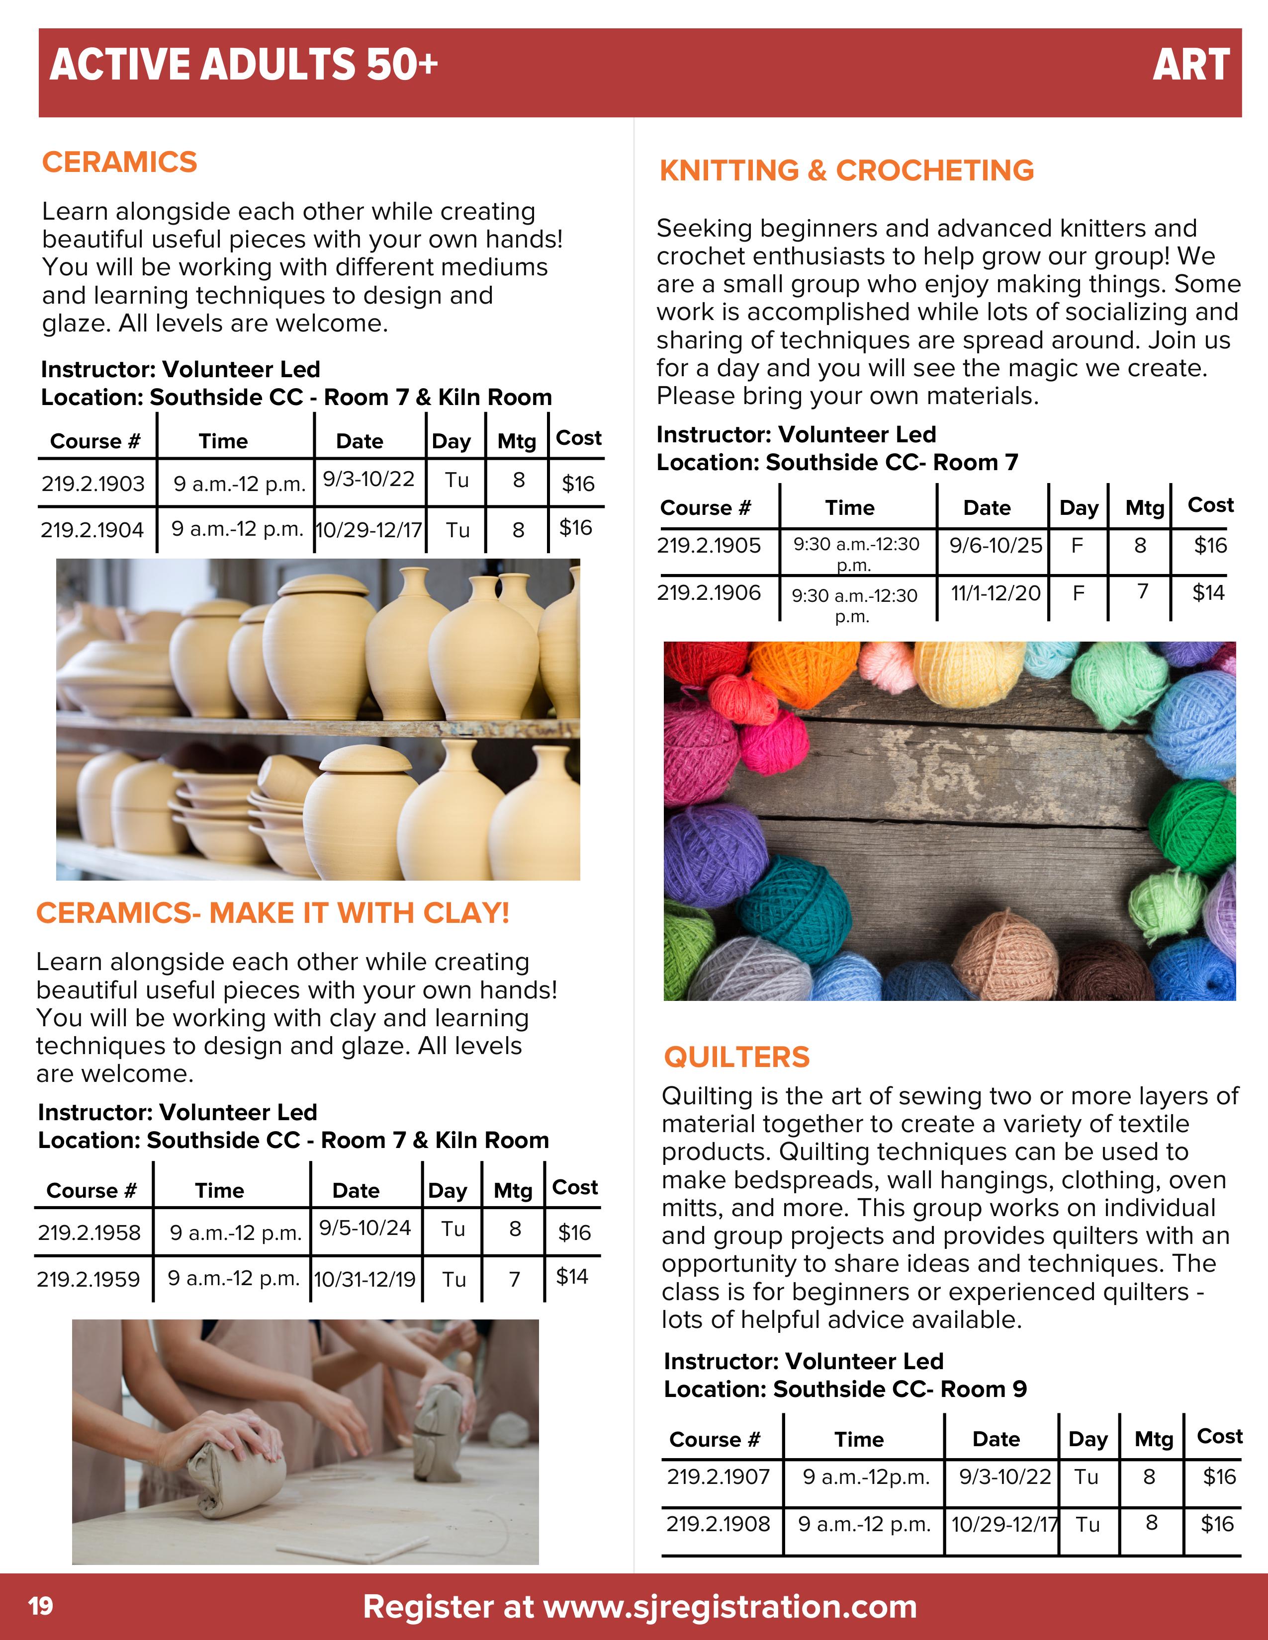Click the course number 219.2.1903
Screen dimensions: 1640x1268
tap(93, 484)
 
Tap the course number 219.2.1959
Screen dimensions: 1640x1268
tap(89, 1279)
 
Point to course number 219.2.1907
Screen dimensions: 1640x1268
tap(718, 1476)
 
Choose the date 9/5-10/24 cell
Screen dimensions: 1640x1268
tap(365, 1228)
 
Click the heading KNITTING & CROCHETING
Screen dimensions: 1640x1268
tap(847, 170)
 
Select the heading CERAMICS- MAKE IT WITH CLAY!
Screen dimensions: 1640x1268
tap(272, 913)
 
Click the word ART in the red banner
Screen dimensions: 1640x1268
tap(1190, 65)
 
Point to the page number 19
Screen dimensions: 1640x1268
tap(41, 1606)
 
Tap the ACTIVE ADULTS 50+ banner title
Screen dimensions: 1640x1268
tap(244, 65)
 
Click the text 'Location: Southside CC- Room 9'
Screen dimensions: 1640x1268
tap(845, 1389)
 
